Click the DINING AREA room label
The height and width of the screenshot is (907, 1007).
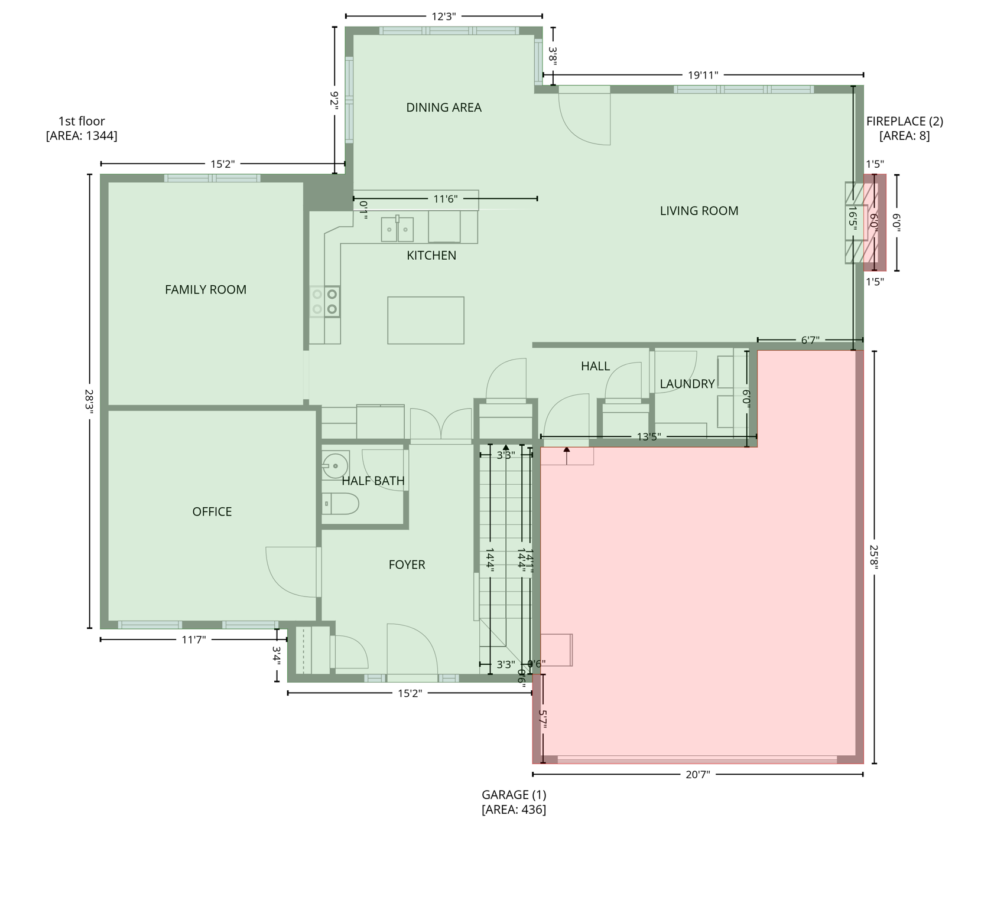[444, 107]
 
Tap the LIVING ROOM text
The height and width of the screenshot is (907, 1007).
[699, 211]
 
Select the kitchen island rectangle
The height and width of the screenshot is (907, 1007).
[425, 320]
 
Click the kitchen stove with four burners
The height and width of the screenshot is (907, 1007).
[325, 301]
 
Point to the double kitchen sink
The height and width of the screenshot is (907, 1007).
[397, 230]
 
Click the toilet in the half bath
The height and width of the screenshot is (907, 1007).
[343, 504]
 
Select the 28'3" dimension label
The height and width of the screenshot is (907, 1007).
[89, 402]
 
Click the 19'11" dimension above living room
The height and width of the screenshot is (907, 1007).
[703, 75]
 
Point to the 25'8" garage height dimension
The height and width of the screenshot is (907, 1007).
[874, 556]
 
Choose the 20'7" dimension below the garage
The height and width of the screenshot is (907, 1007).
[697, 774]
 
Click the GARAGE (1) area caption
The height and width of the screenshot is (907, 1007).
[514, 802]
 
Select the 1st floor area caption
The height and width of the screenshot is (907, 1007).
[82, 128]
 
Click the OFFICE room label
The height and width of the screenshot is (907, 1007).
[212, 512]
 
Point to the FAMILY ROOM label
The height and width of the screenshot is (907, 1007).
[205, 290]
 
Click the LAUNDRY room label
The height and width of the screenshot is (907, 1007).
[687, 384]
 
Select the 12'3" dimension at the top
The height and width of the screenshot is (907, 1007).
[444, 17]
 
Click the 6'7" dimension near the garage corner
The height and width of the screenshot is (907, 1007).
[810, 340]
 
